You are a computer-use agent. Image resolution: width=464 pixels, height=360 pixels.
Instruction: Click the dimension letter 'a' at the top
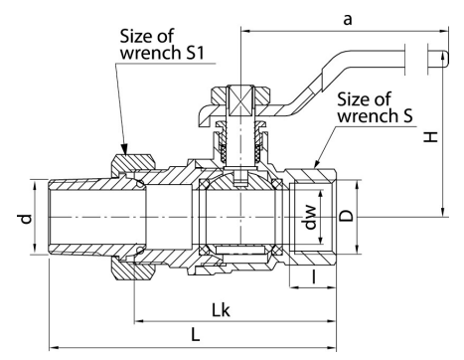(x=347, y=20)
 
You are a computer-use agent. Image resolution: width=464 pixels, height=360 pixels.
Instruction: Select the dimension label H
(x=431, y=136)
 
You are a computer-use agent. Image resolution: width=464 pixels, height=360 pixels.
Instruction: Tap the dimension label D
(x=347, y=216)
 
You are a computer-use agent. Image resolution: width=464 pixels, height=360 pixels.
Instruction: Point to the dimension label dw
(x=310, y=217)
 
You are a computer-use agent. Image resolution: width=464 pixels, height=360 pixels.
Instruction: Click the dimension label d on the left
(x=26, y=219)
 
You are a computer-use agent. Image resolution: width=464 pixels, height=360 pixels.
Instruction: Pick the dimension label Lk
(x=221, y=310)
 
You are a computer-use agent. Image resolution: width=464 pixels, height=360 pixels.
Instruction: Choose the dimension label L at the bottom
(x=196, y=334)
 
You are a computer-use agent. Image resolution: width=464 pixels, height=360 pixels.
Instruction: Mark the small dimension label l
(x=313, y=276)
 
